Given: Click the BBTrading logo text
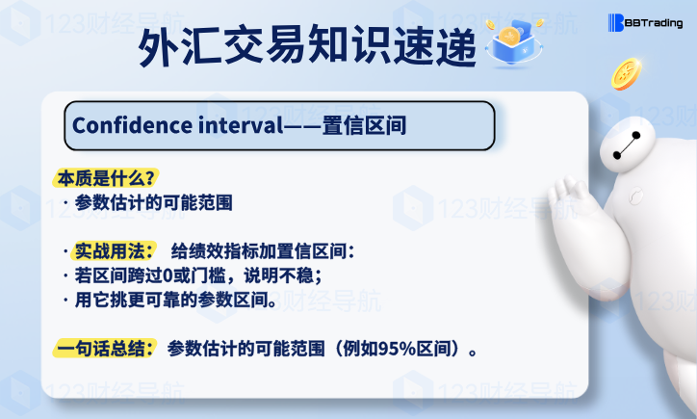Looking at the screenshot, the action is point(654,23).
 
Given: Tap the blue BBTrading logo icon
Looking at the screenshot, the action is point(616,23).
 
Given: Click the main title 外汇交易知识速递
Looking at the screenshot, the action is point(307,46).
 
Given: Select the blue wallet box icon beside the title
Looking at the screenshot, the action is point(514,43).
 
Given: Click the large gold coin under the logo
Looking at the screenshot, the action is point(627,74).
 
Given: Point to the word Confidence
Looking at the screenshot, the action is point(132,125).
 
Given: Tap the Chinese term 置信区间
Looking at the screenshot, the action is point(364,125).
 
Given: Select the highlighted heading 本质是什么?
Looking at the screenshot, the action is point(106,178).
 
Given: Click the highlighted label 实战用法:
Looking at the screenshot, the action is point(114,251).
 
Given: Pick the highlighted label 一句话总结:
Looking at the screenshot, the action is point(105,349).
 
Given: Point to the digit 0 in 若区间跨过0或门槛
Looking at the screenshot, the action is point(168,275).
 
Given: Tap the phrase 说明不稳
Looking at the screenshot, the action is point(279,275).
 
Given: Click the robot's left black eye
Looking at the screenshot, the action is point(616,155).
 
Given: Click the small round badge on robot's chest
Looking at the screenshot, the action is point(635,196).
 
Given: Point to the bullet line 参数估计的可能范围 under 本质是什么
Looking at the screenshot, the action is point(154,203).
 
